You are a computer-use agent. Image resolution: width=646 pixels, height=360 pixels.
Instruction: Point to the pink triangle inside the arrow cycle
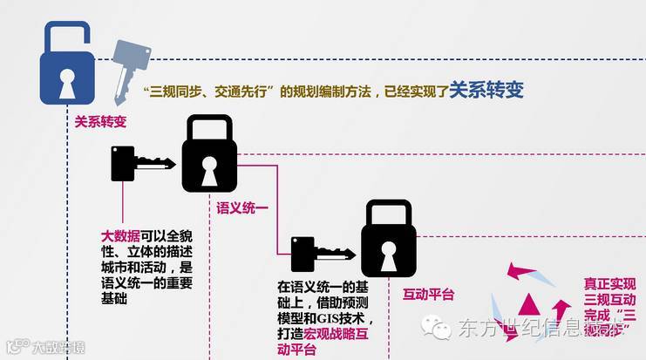point(527,304)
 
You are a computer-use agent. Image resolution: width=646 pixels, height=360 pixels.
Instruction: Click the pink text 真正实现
point(609,283)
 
